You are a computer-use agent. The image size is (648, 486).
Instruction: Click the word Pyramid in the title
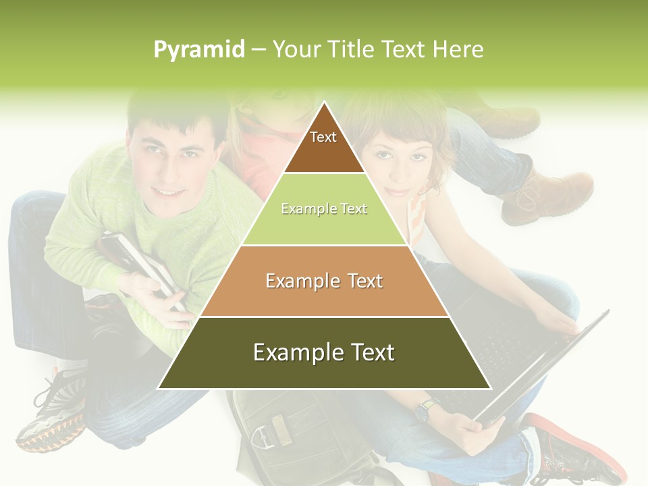(x=199, y=50)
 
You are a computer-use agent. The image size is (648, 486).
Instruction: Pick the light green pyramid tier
(x=324, y=209)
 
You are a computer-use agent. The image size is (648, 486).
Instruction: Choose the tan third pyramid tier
(x=324, y=281)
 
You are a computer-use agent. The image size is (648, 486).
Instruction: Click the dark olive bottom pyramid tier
(x=324, y=352)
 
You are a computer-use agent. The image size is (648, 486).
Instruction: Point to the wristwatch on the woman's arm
(x=426, y=409)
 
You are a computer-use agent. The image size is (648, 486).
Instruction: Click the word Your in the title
(x=297, y=49)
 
